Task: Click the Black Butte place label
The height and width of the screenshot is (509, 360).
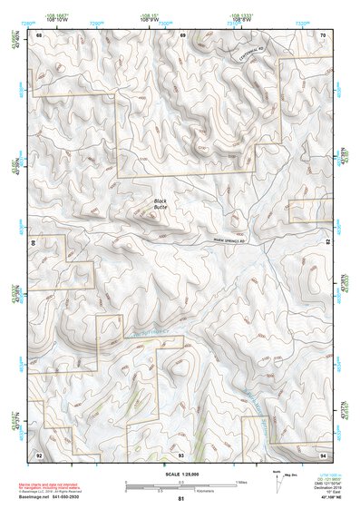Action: click(x=161, y=204)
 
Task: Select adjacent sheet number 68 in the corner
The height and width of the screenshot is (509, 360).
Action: click(x=39, y=34)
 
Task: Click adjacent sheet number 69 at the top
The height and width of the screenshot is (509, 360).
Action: click(x=182, y=34)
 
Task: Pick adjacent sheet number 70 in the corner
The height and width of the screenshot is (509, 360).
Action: click(x=323, y=34)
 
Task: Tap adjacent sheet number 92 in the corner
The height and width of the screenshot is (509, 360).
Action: click(x=39, y=453)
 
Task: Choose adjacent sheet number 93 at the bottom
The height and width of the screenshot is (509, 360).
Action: click(x=181, y=453)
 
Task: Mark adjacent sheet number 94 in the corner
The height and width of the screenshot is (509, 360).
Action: click(x=323, y=453)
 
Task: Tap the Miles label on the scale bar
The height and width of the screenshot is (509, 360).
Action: click(x=240, y=481)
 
